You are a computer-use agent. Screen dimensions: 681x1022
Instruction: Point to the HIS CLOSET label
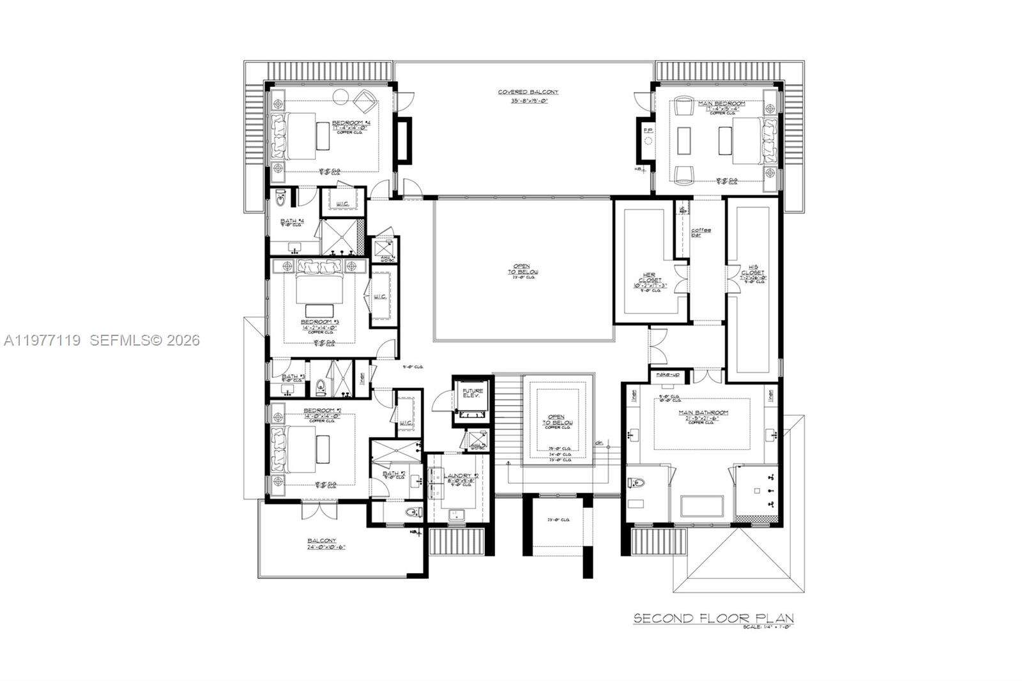[x=752, y=274]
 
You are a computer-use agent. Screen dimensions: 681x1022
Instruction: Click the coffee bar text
[x=701, y=232]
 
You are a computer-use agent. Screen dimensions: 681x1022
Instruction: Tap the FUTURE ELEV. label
[x=473, y=394]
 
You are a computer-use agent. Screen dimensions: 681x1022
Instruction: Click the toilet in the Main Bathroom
[x=638, y=484]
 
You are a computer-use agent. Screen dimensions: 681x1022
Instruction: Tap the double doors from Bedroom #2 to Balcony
[x=318, y=510]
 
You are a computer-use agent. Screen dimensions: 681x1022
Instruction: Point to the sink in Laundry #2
[x=457, y=514]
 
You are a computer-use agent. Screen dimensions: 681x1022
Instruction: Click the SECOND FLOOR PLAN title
[x=713, y=618]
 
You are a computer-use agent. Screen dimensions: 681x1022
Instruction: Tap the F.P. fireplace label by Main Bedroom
[x=648, y=130]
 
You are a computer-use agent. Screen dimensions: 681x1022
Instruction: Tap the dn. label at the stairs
[x=599, y=442]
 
